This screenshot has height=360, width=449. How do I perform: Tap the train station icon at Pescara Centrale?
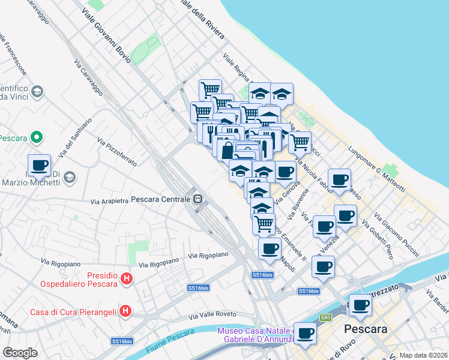pyautogui.click(x=197, y=199)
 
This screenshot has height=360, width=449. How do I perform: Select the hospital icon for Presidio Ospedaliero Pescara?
pyautogui.click(x=126, y=278)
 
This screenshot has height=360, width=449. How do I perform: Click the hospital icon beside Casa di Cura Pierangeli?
pyautogui.click(x=125, y=311)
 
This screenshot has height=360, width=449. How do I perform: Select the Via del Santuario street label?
pyautogui.click(x=76, y=137)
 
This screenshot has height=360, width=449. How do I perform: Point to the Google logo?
pyautogui.click(x=20, y=353)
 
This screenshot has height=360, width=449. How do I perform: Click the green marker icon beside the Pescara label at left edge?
pyautogui.click(x=36, y=137)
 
